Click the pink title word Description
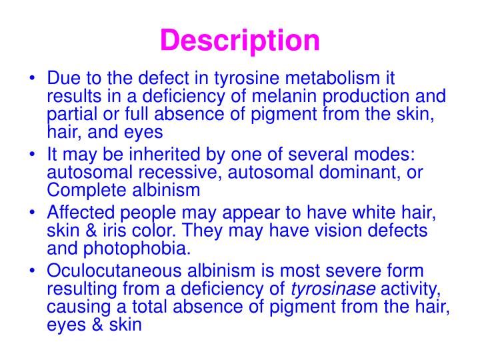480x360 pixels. tap(240, 41)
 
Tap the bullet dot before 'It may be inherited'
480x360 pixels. tap(33, 156)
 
